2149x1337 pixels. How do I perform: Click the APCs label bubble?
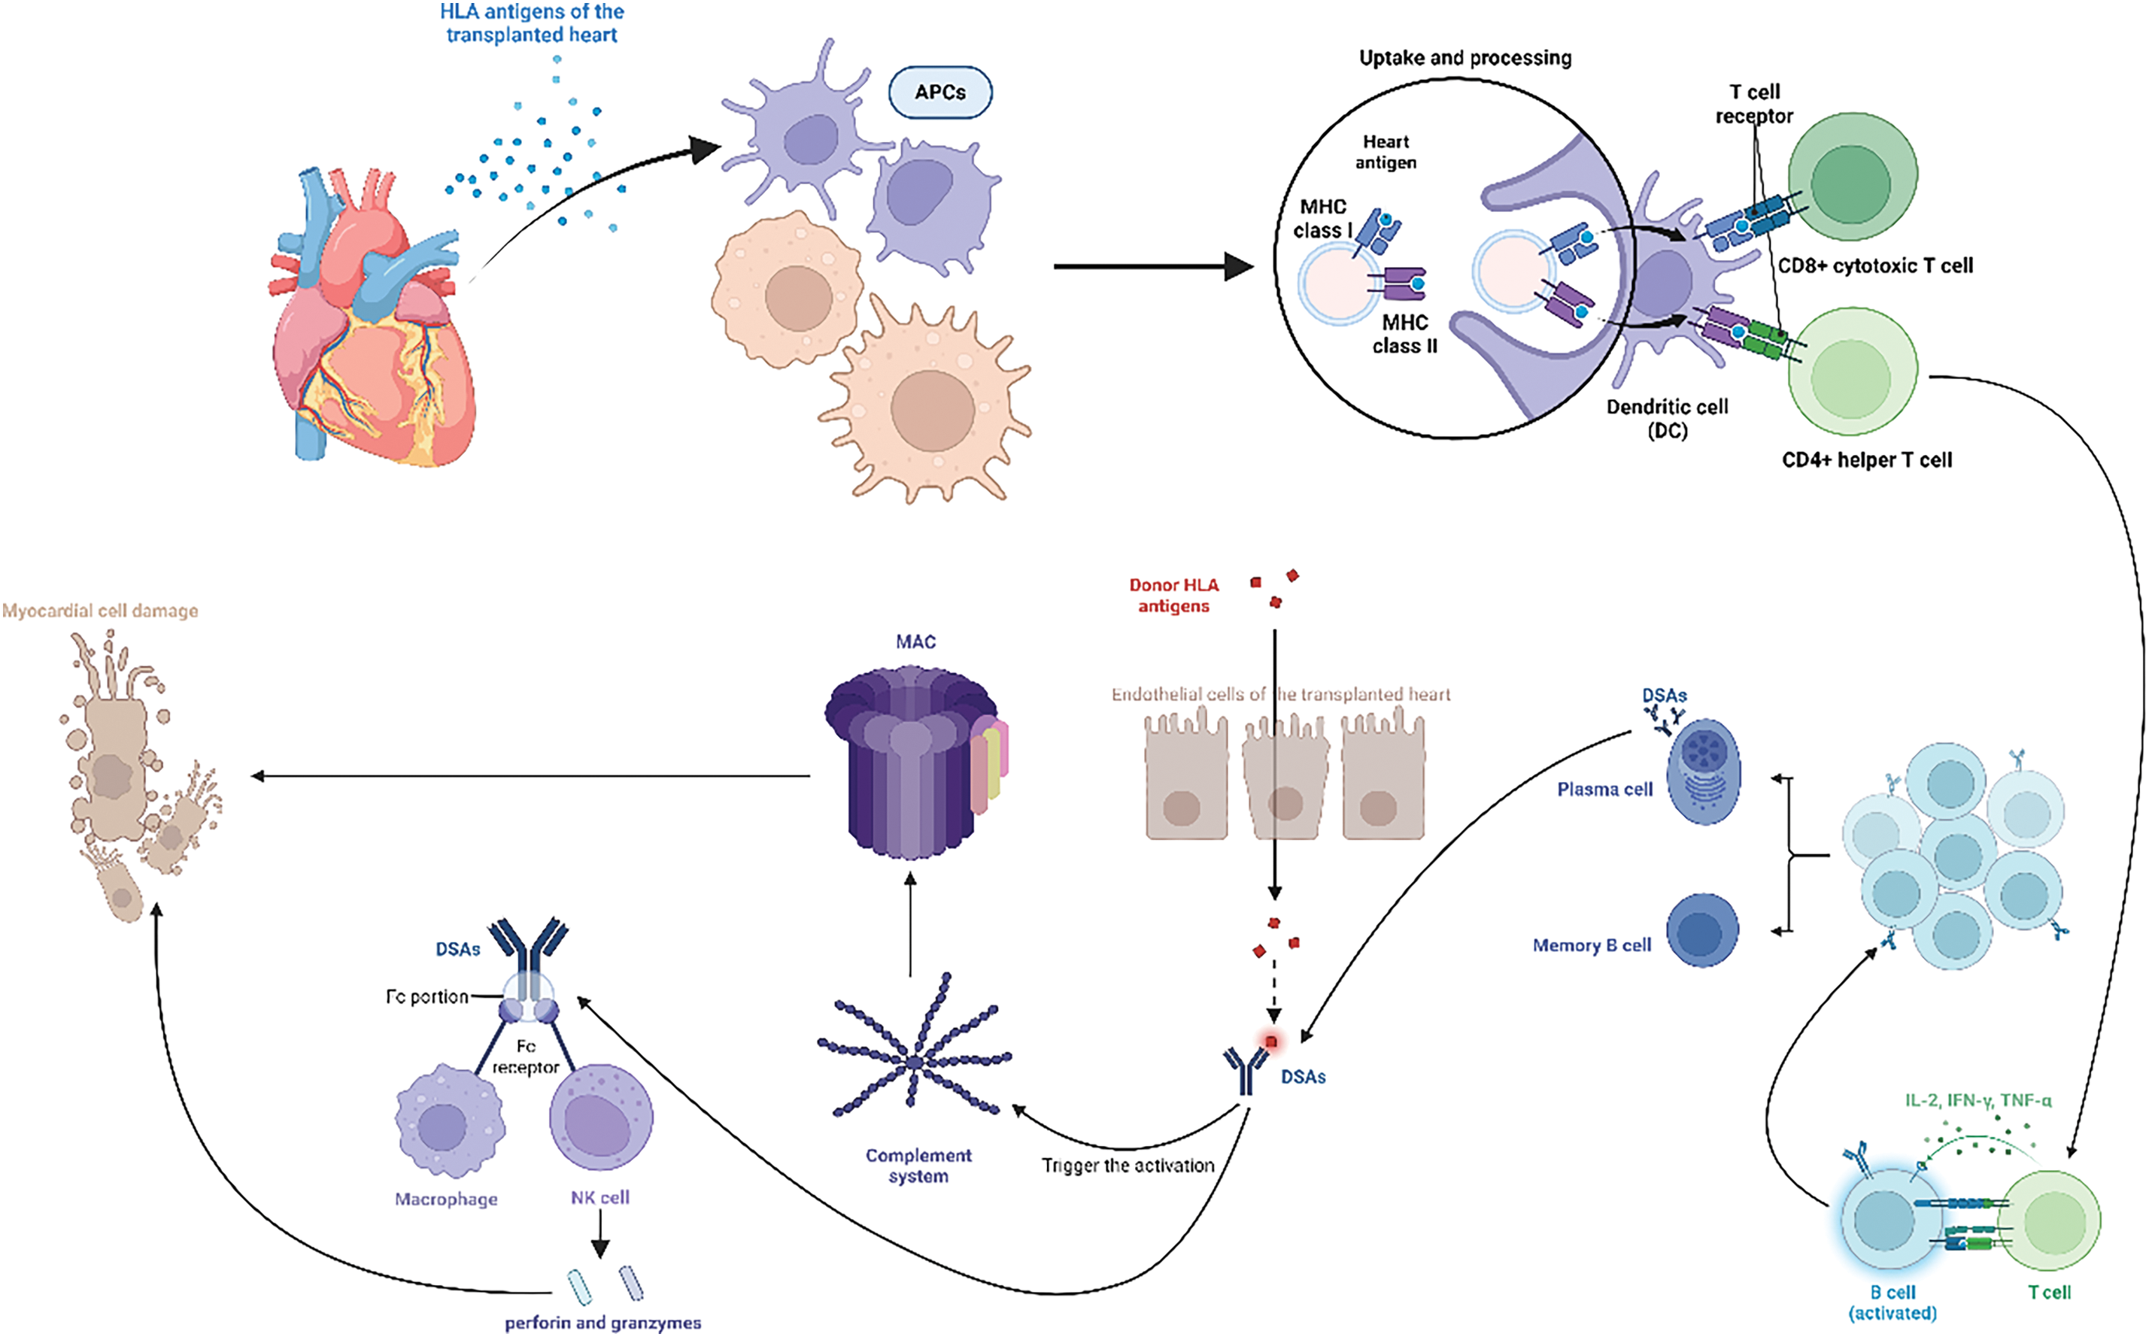[940, 92]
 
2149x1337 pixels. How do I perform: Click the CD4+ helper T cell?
[1853, 371]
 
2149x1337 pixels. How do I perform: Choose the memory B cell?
[1702, 930]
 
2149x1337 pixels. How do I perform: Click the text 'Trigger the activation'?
[1128, 1166]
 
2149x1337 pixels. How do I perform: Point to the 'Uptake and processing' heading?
[1465, 59]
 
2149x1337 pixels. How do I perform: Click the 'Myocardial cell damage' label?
[100, 611]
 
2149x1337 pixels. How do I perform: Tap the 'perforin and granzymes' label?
[603, 1323]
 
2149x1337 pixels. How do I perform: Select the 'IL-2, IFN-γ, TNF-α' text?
[1978, 1100]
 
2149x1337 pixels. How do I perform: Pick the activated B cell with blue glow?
[1884, 1220]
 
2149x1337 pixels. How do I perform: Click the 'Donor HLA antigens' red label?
[1173, 595]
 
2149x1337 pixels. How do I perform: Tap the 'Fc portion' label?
[426, 996]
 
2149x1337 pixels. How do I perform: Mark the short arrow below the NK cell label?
[600, 1233]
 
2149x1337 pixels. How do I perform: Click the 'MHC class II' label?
[1405, 334]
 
